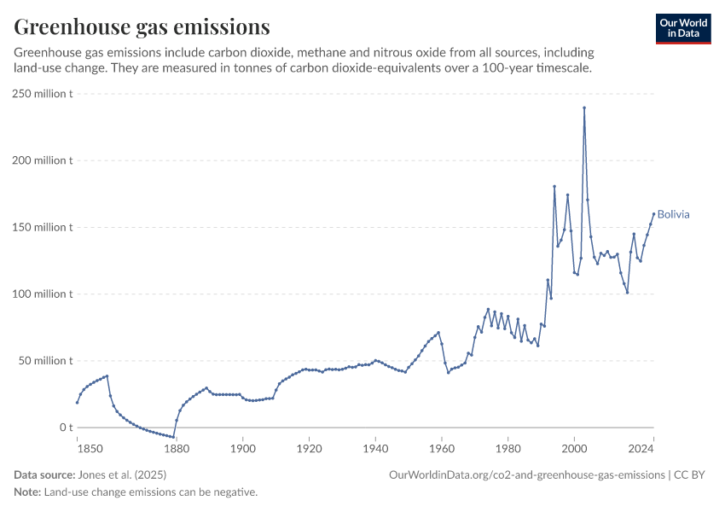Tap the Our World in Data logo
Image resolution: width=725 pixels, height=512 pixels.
tap(682, 28)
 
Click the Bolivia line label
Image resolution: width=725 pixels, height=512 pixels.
tap(673, 214)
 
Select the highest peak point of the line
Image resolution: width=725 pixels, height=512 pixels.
tap(584, 108)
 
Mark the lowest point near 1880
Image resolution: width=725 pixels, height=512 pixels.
tap(173, 437)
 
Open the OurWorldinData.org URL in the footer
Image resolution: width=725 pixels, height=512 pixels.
tap(526, 474)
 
